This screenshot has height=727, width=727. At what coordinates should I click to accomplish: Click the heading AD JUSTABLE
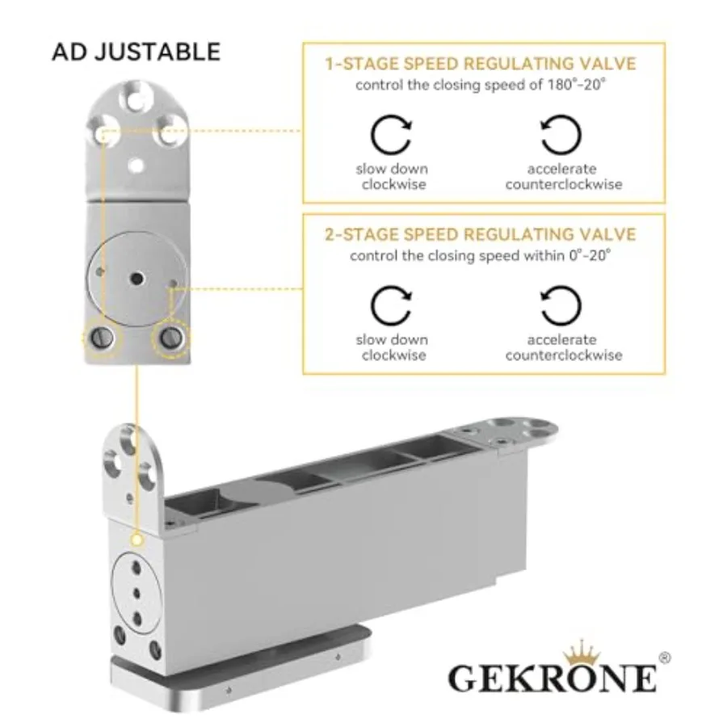136,52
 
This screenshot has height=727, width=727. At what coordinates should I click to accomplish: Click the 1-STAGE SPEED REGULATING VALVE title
481,64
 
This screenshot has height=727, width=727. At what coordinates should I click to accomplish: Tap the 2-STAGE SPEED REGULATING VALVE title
481,234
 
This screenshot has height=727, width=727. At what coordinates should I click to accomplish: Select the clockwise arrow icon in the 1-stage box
391,134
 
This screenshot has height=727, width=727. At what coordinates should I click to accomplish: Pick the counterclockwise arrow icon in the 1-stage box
561,134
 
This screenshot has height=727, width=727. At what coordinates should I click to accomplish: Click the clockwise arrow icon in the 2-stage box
391,305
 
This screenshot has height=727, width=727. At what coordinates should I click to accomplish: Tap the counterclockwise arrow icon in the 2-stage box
561,305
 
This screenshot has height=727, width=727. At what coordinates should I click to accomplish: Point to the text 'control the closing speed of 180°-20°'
481,85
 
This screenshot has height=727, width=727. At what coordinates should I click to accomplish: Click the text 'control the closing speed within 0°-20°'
481,255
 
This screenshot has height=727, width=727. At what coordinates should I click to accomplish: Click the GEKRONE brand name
553,678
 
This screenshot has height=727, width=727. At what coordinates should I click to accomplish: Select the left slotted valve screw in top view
102,338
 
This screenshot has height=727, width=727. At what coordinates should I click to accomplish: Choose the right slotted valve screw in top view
171,338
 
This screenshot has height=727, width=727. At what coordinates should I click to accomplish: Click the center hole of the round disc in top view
137,279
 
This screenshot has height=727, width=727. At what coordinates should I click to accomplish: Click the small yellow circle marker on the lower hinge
137,540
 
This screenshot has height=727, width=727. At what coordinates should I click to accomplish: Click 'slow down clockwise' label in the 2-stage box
393,347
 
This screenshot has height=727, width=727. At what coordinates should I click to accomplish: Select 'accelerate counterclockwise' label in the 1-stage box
564,177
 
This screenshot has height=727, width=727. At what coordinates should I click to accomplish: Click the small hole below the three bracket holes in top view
137,165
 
